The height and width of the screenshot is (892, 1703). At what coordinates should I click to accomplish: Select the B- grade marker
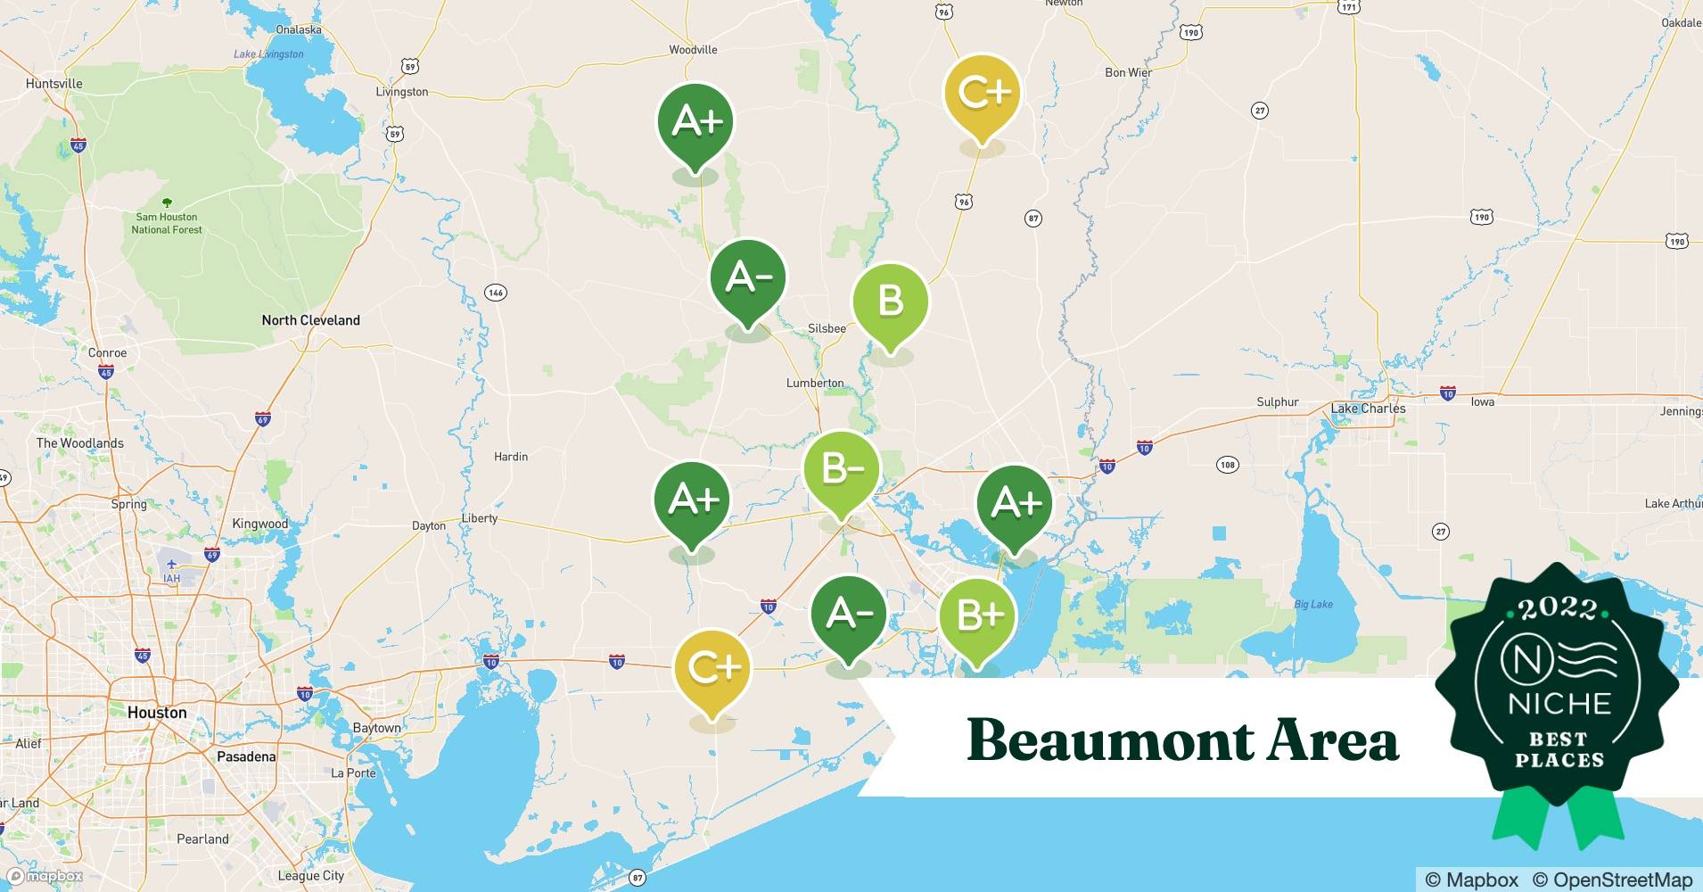[841, 469]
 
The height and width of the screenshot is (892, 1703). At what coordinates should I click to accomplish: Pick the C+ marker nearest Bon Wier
[982, 93]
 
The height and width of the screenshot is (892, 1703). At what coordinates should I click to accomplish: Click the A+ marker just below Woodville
[695, 122]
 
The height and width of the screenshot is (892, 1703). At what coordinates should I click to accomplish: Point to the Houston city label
[157, 713]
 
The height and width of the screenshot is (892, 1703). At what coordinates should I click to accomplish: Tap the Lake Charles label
[1368, 409]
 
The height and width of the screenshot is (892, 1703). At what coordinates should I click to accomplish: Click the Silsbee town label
[827, 328]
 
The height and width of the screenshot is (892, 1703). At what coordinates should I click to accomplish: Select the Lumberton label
[815, 383]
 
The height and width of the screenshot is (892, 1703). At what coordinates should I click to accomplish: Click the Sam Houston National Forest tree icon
[167, 203]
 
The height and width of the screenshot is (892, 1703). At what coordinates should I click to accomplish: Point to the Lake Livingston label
[268, 54]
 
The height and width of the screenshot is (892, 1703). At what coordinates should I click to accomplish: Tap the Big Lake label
[1313, 604]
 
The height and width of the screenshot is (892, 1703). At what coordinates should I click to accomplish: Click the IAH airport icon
[171, 566]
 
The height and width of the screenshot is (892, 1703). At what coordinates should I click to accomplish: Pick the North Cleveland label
[310, 320]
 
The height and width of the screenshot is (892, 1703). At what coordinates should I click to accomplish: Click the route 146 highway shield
[495, 293]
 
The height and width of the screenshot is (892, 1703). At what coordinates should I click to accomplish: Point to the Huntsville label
[53, 84]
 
